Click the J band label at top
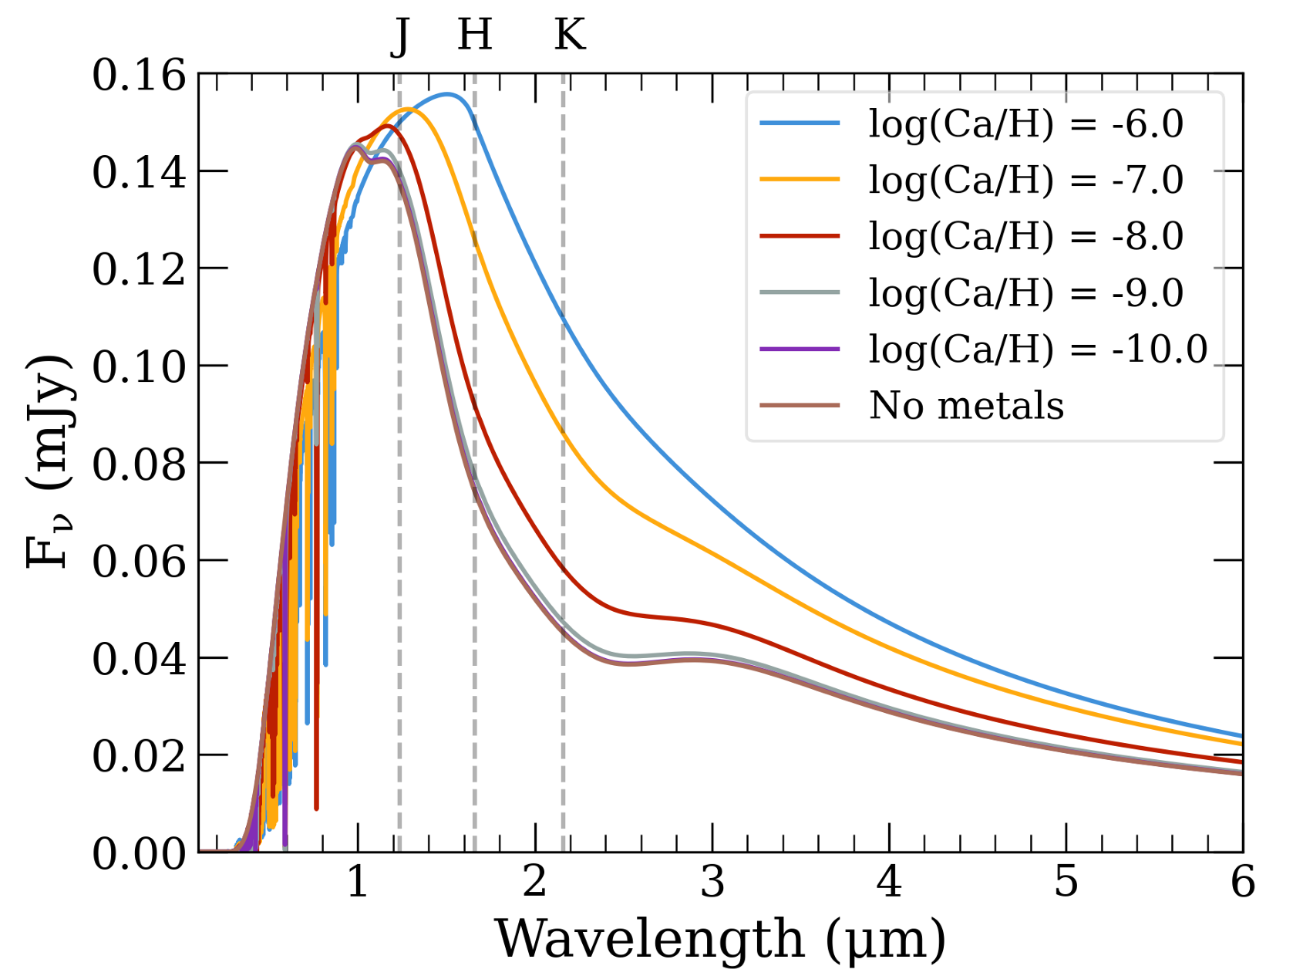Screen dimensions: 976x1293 click(399, 35)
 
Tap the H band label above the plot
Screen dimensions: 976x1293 click(474, 35)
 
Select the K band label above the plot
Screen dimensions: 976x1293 click(570, 35)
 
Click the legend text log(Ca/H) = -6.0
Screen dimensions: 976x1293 click(1025, 123)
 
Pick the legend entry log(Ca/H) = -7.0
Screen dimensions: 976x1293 click(1025, 180)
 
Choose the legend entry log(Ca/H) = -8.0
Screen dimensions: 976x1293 click(1025, 236)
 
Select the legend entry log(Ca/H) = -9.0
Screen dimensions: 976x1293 click(1025, 292)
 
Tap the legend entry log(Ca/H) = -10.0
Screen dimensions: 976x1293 click(1037, 349)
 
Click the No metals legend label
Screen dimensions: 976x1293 click(966, 405)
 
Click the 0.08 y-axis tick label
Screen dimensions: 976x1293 click(140, 464)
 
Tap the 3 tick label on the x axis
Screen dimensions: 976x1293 click(712, 881)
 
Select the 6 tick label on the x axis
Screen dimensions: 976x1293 click(1242, 881)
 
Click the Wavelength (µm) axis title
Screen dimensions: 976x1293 click(720, 938)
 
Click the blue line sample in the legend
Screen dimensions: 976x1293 click(800, 123)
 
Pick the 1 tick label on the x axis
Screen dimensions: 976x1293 click(358, 881)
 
